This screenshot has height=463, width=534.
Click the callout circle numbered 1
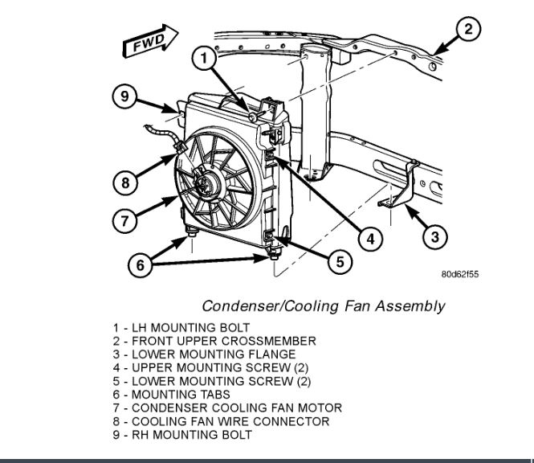(206, 58)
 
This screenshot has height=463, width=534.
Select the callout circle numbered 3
(434, 236)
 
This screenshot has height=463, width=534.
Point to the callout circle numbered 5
(339, 261)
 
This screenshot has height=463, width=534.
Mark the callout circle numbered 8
(125, 182)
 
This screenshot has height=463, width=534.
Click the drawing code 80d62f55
(461, 274)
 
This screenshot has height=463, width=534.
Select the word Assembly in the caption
(414, 306)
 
